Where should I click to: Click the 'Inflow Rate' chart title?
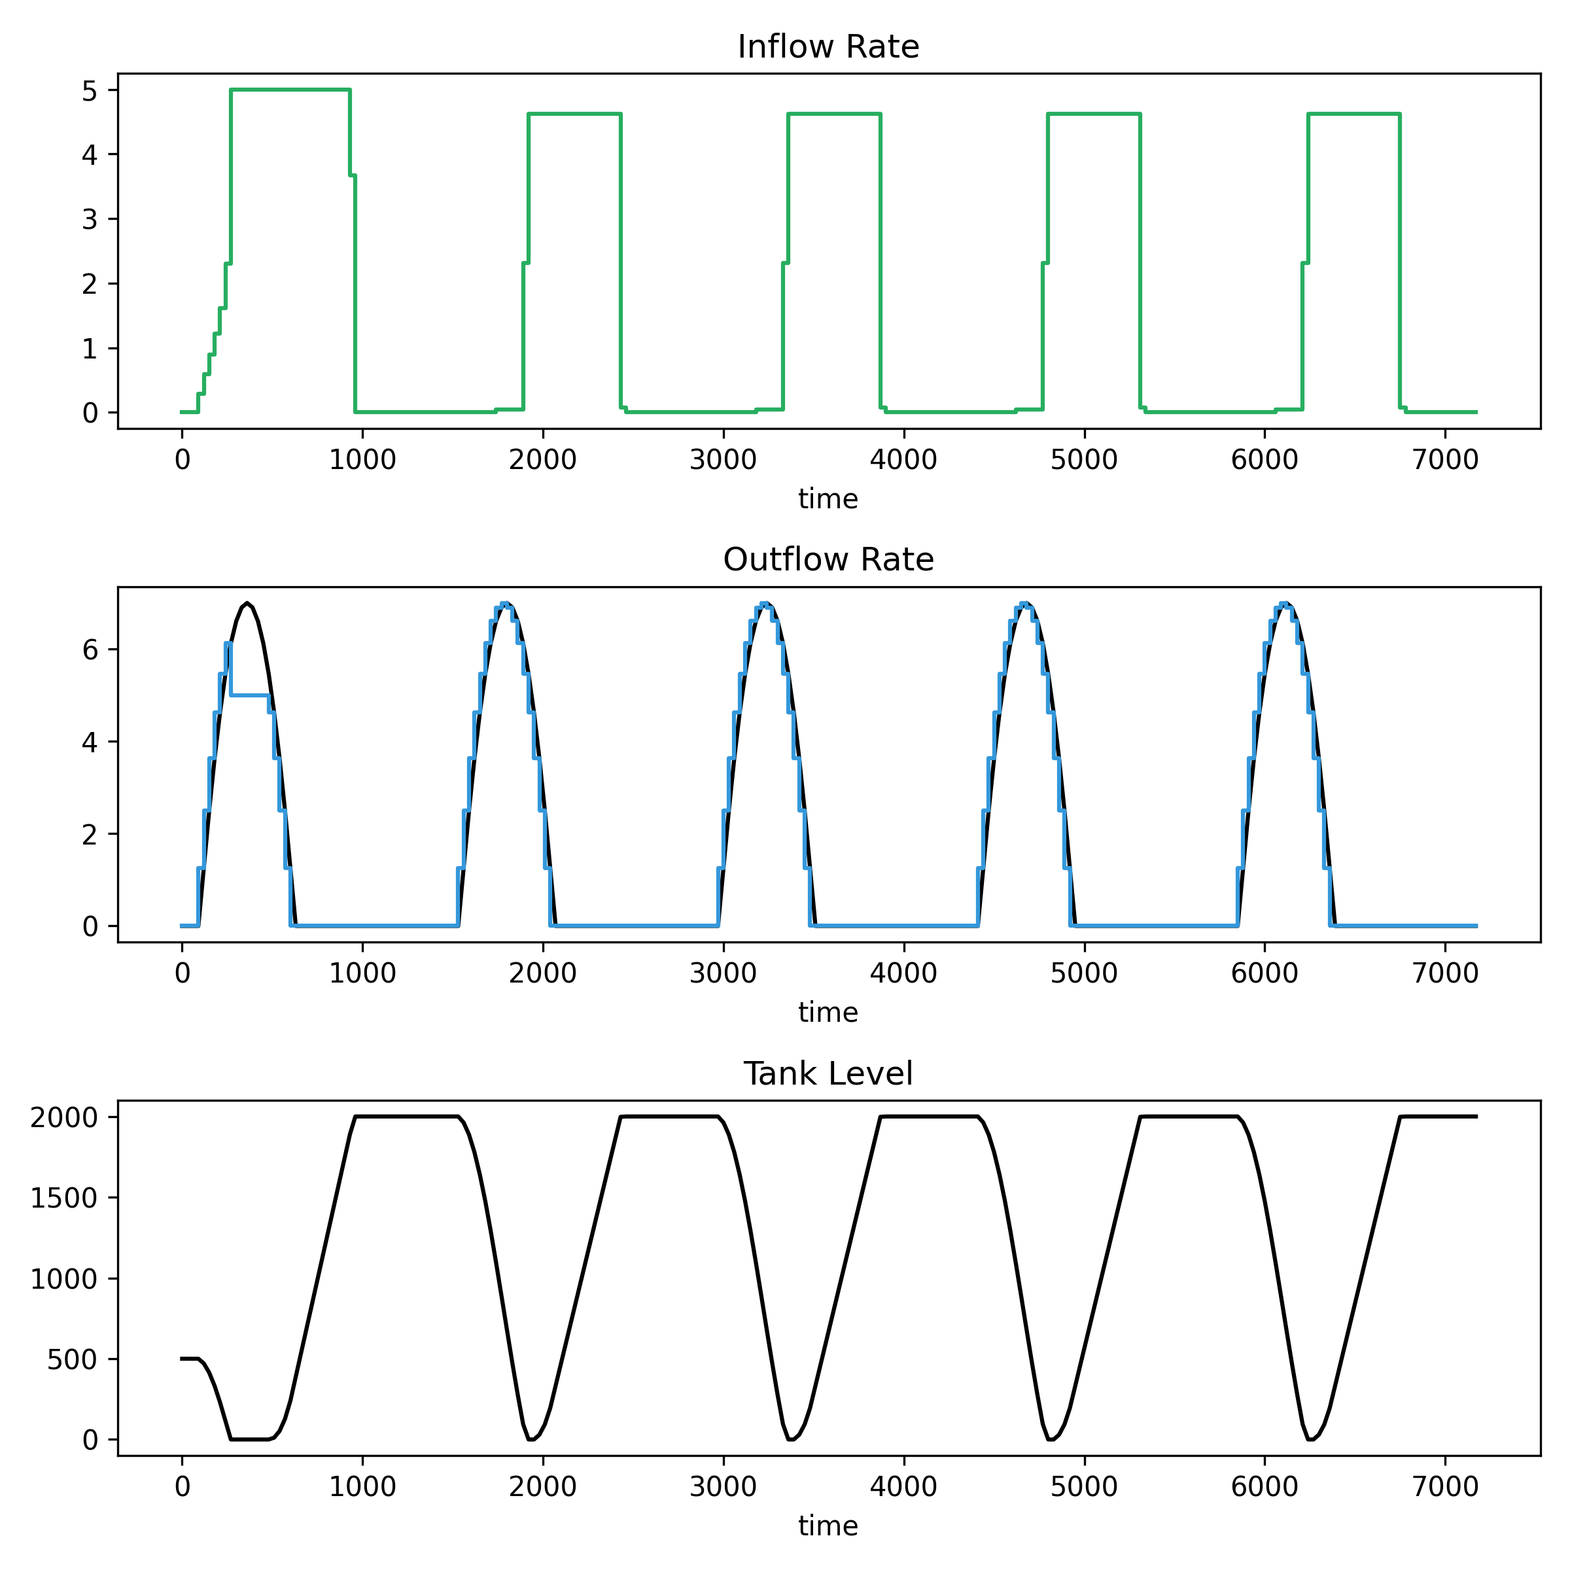pyautogui.click(x=828, y=47)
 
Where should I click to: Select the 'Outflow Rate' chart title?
pyautogui.click(x=828, y=560)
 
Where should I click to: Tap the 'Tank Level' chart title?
pyautogui.click(x=828, y=1073)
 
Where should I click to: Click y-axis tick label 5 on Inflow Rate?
pyautogui.click(x=90, y=90)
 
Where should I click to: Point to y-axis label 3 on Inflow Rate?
pyautogui.click(x=90, y=219)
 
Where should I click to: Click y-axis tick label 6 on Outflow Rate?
pyautogui.click(x=90, y=650)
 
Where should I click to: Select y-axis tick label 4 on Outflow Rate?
pyautogui.click(x=90, y=742)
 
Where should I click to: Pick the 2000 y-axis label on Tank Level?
pyautogui.click(x=63, y=1118)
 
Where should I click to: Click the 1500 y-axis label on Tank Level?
pyautogui.click(x=63, y=1198)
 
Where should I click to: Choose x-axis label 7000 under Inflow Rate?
pyautogui.click(x=1445, y=460)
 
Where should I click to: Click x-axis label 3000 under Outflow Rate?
pyautogui.click(x=724, y=973)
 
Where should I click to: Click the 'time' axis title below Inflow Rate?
pyautogui.click(x=828, y=499)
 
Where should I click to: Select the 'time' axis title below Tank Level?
pyautogui.click(x=828, y=1526)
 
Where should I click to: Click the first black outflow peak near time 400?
pyautogui.click(x=247, y=603)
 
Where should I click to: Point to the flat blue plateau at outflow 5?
pyautogui.click(x=249, y=695)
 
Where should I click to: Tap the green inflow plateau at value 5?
pyautogui.click(x=290, y=90)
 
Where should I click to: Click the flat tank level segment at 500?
pyautogui.click(x=189, y=1359)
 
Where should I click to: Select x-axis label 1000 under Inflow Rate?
pyautogui.click(x=362, y=460)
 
